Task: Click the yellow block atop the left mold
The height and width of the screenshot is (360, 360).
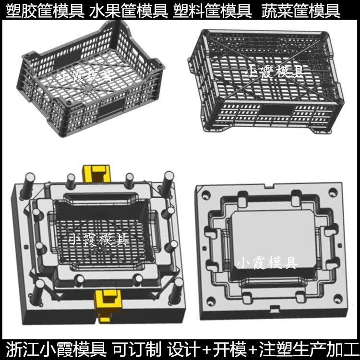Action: coord(96,173)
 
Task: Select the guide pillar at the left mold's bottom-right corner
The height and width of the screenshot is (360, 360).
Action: coord(176,291)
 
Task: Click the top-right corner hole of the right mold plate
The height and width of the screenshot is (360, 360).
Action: coord(333,192)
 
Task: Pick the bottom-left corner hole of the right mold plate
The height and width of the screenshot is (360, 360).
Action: coord(211,301)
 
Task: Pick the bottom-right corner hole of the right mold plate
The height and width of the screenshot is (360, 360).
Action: coord(338,299)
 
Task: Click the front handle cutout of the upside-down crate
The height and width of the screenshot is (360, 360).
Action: coord(277,110)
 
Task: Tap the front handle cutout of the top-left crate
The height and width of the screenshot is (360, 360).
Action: coord(112,108)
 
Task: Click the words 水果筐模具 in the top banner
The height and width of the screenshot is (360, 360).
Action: coord(129,11)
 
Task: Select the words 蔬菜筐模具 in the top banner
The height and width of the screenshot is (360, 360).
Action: coord(301,11)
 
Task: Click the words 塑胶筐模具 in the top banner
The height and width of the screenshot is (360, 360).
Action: coord(45,11)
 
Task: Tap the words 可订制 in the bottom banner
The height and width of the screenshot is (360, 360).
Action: coord(137,349)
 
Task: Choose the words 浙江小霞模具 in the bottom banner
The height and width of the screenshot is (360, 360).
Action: coord(56,349)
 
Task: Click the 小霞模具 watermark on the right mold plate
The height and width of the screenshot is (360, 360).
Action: coord(267,263)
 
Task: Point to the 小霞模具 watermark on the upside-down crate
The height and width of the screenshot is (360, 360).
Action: coord(276,72)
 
